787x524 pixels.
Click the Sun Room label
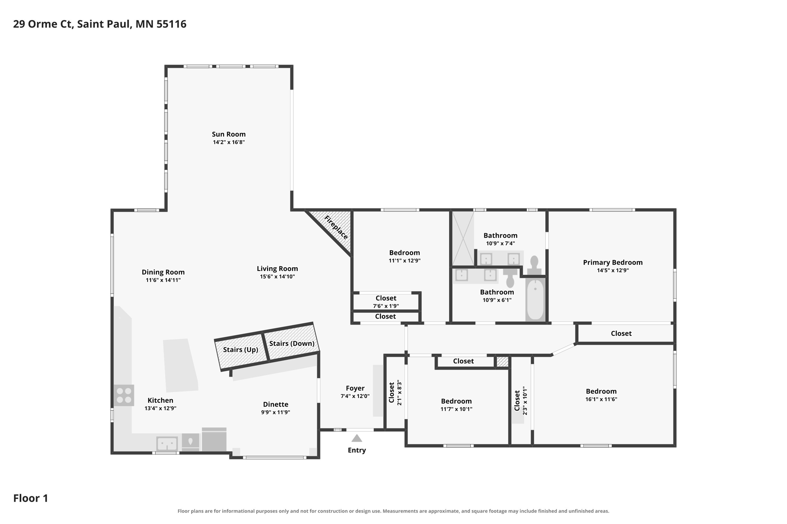click(x=229, y=134)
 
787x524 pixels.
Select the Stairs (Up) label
click(x=241, y=350)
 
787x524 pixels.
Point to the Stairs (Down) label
click(x=292, y=344)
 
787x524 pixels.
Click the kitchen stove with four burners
click(x=124, y=395)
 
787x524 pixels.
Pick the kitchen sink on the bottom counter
click(x=167, y=444)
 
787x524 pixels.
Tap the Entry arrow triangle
click(x=357, y=438)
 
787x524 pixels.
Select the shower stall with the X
click(x=463, y=238)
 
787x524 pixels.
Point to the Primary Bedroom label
click(x=613, y=263)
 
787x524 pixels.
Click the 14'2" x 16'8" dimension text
click(x=229, y=142)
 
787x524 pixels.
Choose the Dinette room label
click(x=276, y=404)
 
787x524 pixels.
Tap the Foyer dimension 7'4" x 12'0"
click(x=355, y=396)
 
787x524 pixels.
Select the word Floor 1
click(x=31, y=498)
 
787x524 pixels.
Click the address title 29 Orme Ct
click(x=43, y=24)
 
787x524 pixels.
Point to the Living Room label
click(x=277, y=269)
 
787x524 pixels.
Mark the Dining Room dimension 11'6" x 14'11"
click(x=163, y=280)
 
